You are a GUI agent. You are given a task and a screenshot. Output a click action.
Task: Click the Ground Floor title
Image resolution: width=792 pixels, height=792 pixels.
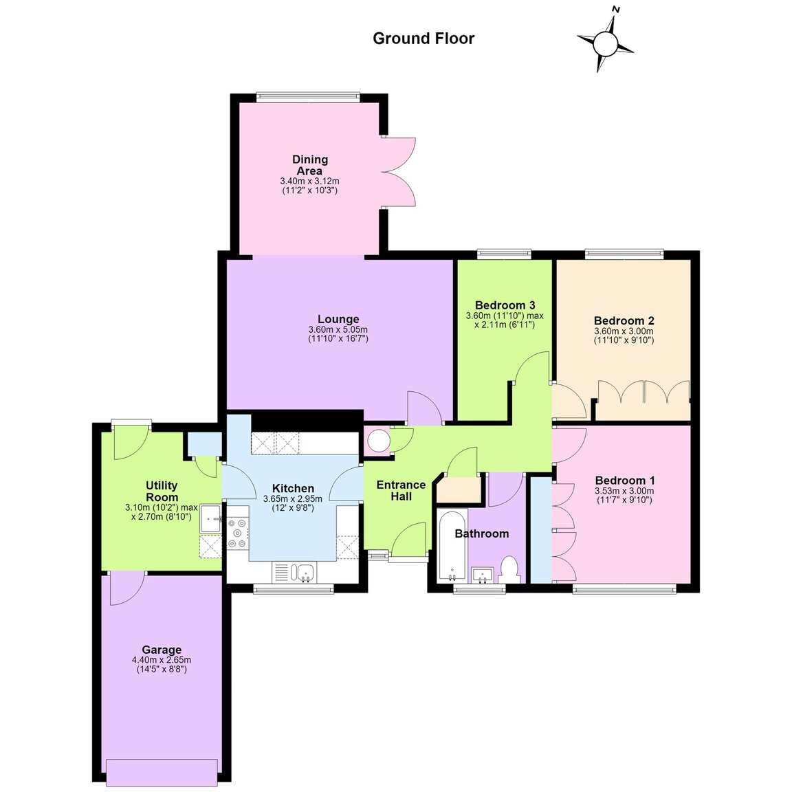click(423, 38)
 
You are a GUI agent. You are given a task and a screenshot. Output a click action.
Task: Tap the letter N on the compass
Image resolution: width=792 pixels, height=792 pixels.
click(616, 9)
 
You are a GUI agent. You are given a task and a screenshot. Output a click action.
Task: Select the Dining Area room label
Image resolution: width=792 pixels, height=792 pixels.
click(309, 165)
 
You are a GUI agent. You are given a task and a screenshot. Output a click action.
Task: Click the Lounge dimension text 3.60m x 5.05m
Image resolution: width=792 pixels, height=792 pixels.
click(338, 330)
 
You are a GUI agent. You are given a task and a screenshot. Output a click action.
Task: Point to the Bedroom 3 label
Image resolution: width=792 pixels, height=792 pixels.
click(505, 305)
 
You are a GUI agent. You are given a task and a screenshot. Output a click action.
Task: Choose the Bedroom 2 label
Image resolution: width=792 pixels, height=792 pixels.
click(624, 321)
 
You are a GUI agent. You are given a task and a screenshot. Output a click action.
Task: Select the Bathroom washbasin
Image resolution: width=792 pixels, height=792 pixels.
click(483, 575)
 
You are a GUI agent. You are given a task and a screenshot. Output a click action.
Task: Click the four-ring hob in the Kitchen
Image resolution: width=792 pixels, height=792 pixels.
click(238, 534)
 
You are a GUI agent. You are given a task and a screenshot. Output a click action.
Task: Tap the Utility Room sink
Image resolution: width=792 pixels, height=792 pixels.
click(211, 518)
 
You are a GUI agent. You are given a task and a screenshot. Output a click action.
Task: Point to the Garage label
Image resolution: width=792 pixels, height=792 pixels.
click(161, 650)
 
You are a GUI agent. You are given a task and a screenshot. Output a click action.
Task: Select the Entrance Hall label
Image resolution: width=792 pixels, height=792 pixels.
click(401, 490)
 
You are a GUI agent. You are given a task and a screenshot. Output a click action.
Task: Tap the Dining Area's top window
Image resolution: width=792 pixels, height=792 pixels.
click(307, 96)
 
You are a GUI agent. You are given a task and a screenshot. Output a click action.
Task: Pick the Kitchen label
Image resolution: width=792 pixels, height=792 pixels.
click(293, 488)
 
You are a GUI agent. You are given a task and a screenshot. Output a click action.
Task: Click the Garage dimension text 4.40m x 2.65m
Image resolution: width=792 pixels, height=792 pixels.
click(161, 660)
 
